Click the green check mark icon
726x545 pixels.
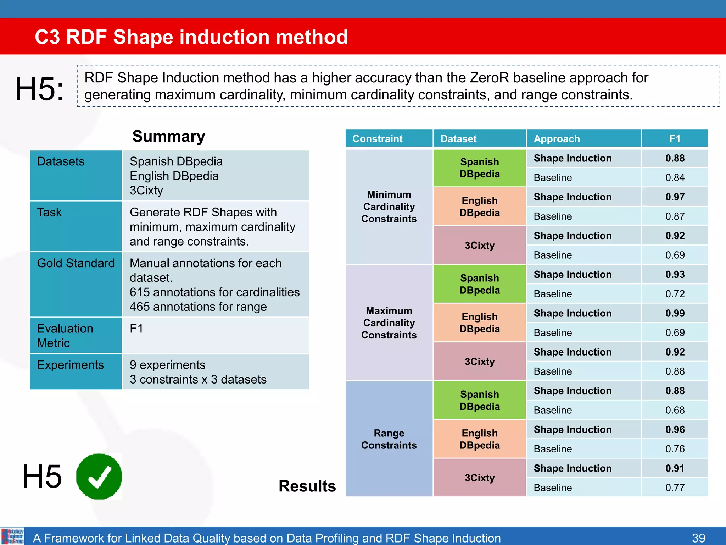[x=99, y=476]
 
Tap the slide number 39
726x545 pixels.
[x=698, y=538]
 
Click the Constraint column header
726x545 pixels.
[x=377, y=139]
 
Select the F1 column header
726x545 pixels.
[x=675, y=139]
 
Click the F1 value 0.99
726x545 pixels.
[x=675, y=313]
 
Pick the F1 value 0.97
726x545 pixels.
[x=675, y=197]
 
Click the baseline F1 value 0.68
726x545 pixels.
[x=675, y=410]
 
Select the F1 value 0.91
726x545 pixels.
[x=675, y=468]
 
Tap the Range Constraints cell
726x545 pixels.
[x=389, y=439]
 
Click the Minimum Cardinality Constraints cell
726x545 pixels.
[x=389, y=207]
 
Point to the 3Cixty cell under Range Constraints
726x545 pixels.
[x=479, y=478]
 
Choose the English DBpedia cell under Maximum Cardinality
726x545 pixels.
[x=479, y=323]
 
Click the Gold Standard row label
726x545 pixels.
[x=76, y=263]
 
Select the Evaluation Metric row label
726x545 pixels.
[x=65, y=336]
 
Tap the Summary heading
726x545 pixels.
[x=169, y=137]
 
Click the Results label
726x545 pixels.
[x=307, y=486]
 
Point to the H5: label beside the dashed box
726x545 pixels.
[x=40, y=89]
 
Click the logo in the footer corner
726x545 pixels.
[x=12, y=536]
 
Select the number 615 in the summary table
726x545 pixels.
[x=140, y=292]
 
